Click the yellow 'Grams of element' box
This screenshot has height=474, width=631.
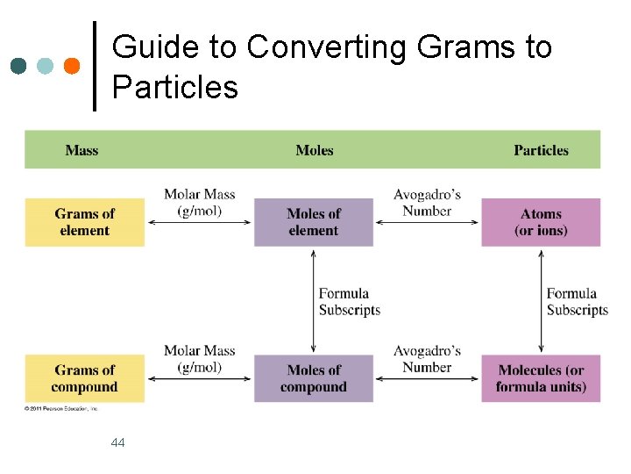tap(84, 222)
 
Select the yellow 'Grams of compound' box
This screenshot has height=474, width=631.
tap(84, 378)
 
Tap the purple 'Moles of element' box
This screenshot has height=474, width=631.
tap(313, 222)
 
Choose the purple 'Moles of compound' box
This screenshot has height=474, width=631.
tap(313, 378)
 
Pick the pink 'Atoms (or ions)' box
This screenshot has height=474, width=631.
tap(541, 222)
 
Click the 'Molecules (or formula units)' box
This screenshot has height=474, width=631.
tap(541, 378)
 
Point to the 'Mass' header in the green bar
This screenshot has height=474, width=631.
tap(82, 150)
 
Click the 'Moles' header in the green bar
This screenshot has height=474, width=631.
tap(315, 150)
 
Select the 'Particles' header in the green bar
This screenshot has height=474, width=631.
tap(541, 150)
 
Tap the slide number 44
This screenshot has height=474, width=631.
tap(118, 442)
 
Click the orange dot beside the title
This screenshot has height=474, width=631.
tap(73, 66)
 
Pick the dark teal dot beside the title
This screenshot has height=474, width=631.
tap(18, 66)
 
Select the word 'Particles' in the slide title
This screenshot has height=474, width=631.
tap(175, 88)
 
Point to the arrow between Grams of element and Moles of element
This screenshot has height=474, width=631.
tap(200, 223)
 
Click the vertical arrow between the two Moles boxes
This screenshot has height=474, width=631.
tap(313, 301)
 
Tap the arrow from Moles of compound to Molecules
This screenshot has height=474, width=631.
tap(427, 379)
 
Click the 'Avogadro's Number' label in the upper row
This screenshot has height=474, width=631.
tap(427, 203)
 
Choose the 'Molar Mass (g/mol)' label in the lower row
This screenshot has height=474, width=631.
tap(200, 359)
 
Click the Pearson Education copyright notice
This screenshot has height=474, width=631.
tap(61, 408)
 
